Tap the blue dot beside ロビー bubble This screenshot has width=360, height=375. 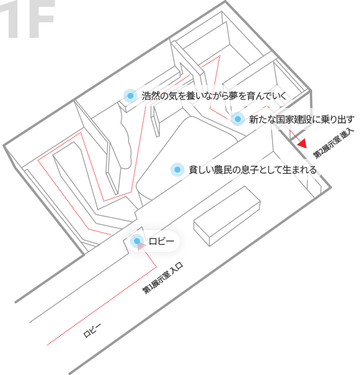[x=137, y=241]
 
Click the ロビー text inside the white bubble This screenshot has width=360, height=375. [x=161, y=241]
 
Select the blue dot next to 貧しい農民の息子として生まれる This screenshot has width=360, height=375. [x=177, y=169]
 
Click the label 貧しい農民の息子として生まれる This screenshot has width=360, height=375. [x=253, y=169]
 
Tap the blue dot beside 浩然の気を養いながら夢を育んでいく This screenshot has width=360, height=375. [x=130, y=96]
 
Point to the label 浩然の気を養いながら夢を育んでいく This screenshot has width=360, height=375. [x=214, y=96]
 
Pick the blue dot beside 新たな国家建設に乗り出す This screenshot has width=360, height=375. [x=238, y=119]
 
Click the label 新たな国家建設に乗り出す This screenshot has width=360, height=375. [x=302, y=119]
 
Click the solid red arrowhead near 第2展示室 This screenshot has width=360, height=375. [x=302, y=143]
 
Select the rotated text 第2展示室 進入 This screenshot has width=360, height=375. [x=333, y=144]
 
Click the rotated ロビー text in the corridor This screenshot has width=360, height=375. [x=92, y=330]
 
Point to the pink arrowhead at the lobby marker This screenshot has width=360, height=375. [x=142, y=246]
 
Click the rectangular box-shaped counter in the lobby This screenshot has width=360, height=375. [x=227, y=216]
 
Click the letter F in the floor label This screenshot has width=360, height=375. [x=40, y=19]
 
